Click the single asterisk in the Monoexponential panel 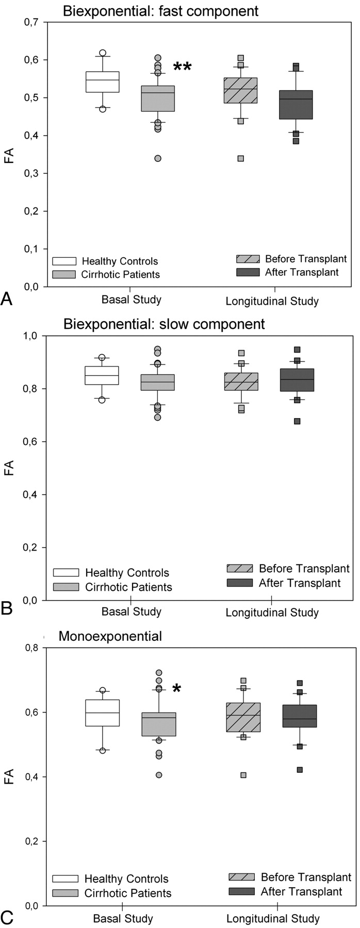click(176, 688)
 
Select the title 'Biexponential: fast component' click(161, 10)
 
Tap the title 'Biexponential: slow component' click(164, 324)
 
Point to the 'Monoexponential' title click(110, 636)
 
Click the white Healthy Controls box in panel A click(103, 82)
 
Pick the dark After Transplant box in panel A click(296, 105)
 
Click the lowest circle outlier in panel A click(158, 158)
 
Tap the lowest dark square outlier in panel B click(297, 421)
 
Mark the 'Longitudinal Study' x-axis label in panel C click(273, 919)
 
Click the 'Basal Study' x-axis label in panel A click(132, 299)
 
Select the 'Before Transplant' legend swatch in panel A click(248, 259)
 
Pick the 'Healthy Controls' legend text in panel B click(127, 572)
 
